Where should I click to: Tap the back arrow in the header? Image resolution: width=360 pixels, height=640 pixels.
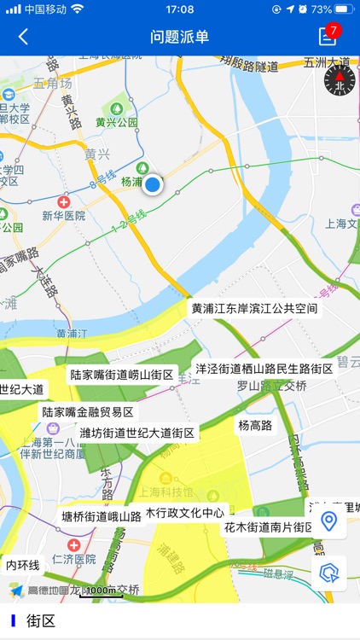point(23,37)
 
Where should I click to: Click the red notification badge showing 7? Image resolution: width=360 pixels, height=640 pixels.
point(333,31)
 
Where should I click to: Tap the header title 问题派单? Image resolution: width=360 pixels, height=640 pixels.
point(180,37)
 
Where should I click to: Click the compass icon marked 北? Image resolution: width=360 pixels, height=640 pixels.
point(340,80)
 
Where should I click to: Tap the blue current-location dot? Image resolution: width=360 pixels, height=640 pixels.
point(153,184)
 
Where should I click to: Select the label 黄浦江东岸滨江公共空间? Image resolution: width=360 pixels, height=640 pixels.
point(254,308)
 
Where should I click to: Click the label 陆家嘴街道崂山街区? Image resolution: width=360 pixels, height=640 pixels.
point(122,375)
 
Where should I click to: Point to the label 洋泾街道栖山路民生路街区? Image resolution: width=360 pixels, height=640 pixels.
point(264,369)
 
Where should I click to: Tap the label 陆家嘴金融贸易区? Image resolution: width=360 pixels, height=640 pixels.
point(88,412)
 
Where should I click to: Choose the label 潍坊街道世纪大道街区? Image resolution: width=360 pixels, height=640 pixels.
point(137,433)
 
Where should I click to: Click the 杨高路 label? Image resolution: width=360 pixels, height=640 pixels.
point(255,425)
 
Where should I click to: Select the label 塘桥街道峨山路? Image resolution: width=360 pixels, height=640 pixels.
point(101,516)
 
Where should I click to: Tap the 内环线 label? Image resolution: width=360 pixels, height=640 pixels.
point(23,565)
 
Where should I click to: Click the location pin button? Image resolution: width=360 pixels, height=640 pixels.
point(329,521)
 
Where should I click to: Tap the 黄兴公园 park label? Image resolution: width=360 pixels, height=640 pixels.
point(117,122)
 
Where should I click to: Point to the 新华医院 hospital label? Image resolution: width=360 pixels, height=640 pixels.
point(64,216)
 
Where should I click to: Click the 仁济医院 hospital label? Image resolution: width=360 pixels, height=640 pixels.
point(73,559)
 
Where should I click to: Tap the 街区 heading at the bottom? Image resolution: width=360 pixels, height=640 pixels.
point(41,621)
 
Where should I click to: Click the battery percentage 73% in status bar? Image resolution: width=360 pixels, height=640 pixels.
point(322,9)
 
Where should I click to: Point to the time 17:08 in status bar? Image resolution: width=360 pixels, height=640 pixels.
point(179,9)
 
